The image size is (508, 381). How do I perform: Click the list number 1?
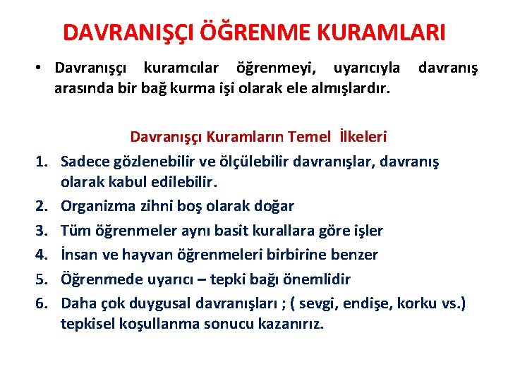pyautogui.click(x=43, y=162)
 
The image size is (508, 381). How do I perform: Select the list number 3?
pyautogui.click(x=43, y=231)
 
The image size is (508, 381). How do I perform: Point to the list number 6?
pyautogui.click(x=43, y=303)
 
